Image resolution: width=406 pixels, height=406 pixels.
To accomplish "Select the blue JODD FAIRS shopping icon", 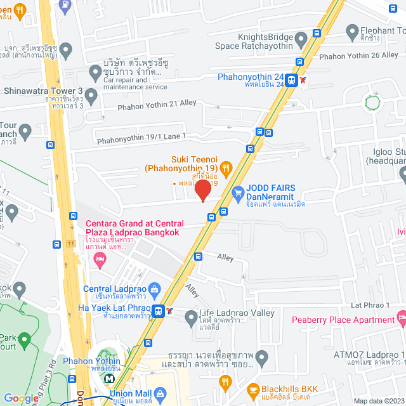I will pos(239,192).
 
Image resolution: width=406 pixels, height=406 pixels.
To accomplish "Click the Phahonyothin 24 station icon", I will pos(291,80).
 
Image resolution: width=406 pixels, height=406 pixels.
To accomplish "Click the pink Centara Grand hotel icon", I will pos(99,258).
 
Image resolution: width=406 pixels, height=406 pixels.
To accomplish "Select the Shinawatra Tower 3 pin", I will pos(91,97).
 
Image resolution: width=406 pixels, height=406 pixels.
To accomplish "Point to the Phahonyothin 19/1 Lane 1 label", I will pos(141,136).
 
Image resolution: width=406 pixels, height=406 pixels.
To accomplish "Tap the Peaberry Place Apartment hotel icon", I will pos(401,316).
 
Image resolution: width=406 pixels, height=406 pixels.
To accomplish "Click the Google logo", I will pos(20,398).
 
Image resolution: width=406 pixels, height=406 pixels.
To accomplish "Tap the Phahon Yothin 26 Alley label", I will pos(358,55).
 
